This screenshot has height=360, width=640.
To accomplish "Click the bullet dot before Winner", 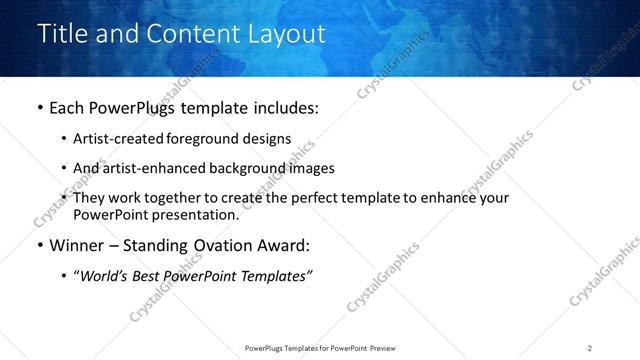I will click(x=39, y=246).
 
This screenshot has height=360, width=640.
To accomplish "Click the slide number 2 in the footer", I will click(x=590, y=348).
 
